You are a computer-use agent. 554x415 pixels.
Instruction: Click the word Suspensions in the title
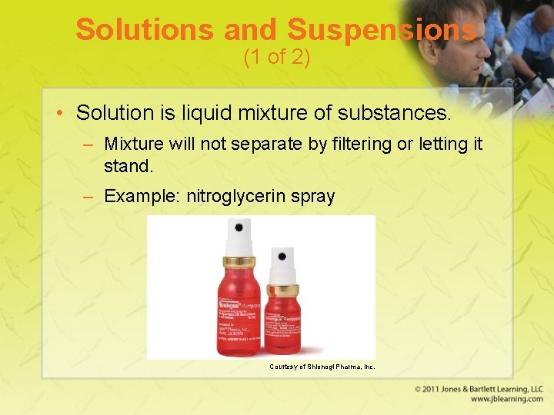point(382,30)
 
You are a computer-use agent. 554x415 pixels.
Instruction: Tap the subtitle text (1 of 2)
point(276,58)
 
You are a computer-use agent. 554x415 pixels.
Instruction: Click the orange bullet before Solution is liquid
point(59,114)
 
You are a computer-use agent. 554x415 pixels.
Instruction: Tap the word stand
point(128,164)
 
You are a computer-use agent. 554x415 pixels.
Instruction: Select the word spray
point(313,197)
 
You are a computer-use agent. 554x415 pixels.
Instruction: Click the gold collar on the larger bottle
point(239,261)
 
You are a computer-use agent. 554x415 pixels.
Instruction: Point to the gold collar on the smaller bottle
point(283,291)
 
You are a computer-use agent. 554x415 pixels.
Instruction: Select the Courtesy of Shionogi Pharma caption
point(322,367)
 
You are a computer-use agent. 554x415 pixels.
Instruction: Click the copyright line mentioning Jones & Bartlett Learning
point(479,390)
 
